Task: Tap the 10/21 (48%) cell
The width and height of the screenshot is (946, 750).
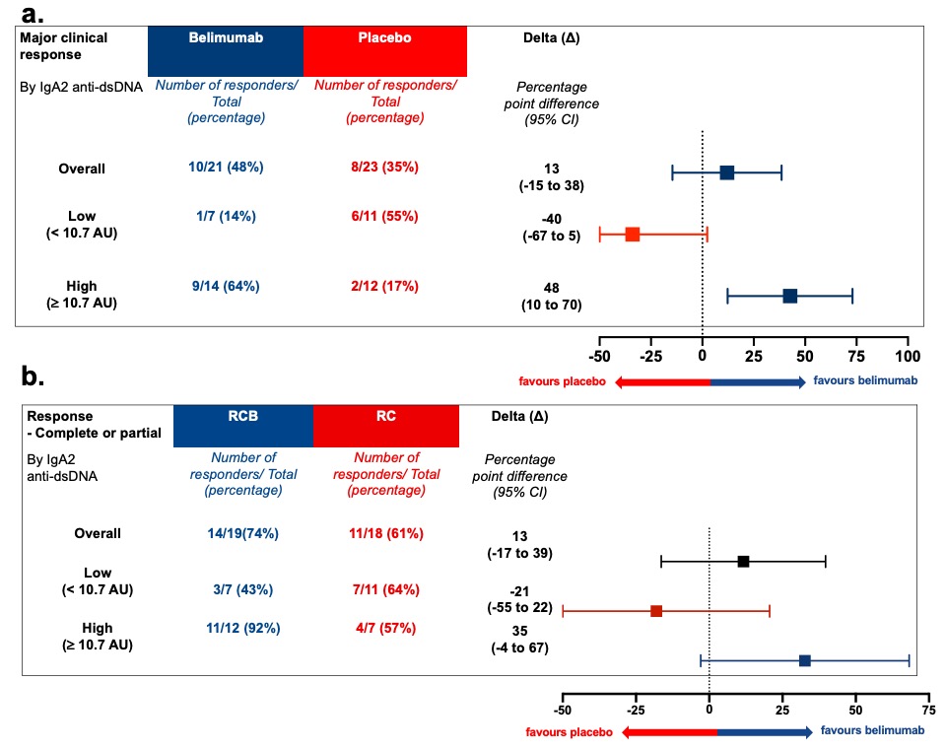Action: [226, 168]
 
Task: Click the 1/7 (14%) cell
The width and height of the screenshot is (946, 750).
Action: [226, 216]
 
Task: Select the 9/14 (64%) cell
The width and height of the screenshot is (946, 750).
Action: [226, 287]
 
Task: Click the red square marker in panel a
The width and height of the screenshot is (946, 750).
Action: [633, 235]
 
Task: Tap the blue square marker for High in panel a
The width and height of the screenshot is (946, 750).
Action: [789, 296]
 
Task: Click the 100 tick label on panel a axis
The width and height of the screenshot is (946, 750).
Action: [908, 355]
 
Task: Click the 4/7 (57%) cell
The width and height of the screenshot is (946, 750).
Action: [385, 629]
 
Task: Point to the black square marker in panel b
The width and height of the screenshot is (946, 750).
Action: [743, 562]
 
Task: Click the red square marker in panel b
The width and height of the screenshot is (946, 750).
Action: [656, 611]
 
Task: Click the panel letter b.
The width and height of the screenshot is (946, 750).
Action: [34, 377]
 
